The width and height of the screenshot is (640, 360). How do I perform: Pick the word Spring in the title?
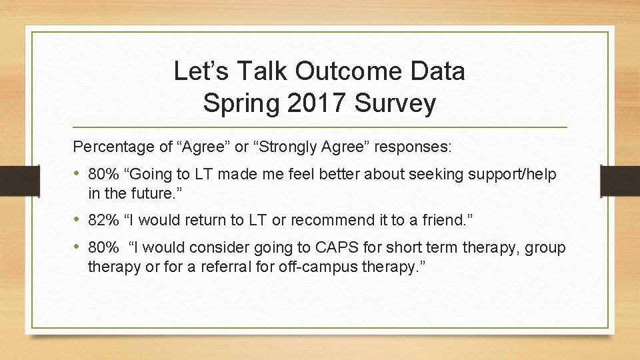click(236, 103)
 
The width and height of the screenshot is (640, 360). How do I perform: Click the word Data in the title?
click(437, 71)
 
